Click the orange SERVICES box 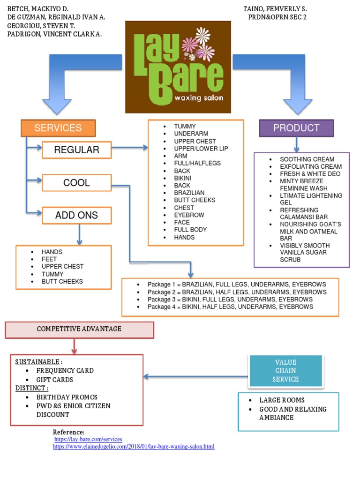click(58, 128)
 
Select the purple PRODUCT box click(296, 128)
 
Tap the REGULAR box click(77, 150)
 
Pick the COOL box click(77, 183)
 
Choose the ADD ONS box click(77, 216)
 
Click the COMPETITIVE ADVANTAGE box click(79, 329)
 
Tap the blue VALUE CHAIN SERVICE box click(285, 371)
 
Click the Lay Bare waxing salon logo click(178, 67)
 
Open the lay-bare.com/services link click(88, 439)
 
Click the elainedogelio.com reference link click(134, 447)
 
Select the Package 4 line click(230, 307)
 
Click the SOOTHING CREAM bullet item click(307, 159)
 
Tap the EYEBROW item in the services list click(189, 215)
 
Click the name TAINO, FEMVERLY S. click(275, 9)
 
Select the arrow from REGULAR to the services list click(130, 148)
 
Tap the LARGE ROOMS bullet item click(282, 400)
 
